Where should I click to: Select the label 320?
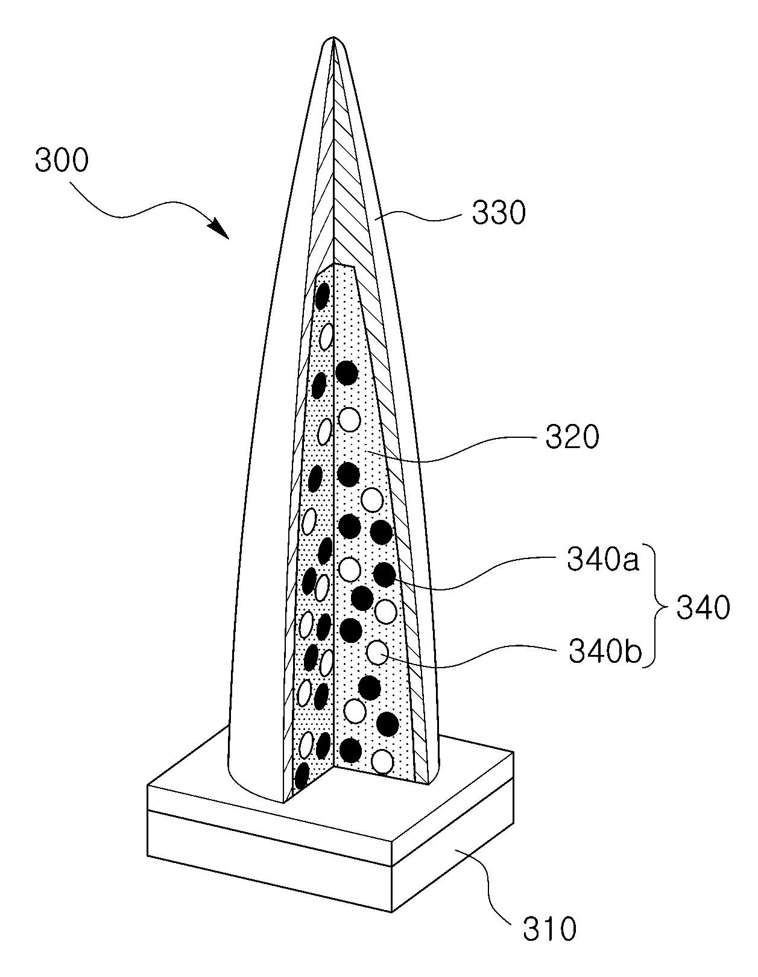572,437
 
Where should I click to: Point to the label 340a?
602,559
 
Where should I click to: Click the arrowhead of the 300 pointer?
221,229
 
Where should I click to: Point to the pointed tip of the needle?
333,37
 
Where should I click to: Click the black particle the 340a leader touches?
384,574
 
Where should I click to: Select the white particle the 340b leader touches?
377,653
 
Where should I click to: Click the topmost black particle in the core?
322,296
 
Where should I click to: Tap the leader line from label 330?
418,218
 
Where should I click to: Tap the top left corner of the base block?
148,785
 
